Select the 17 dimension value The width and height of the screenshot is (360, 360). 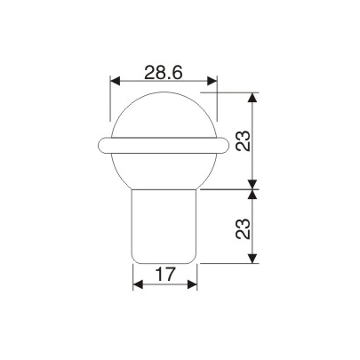click(x=164, y=276)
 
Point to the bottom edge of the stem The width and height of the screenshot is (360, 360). click(x=164, y=263)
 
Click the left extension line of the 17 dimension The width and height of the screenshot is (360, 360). click(x=132, y=277)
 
